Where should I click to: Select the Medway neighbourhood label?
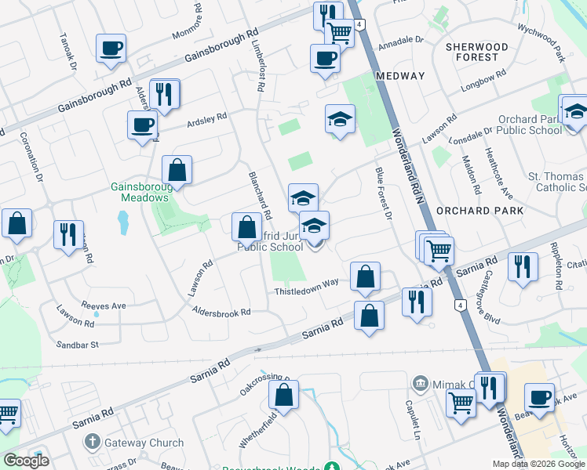coord(399,76)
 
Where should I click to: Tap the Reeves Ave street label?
coord(103,305)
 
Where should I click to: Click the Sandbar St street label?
coord(77,344)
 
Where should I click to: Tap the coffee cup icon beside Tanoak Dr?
coord(111,49)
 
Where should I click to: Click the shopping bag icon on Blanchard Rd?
coord(246,227)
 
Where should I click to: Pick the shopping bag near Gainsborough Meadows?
coord(177,170)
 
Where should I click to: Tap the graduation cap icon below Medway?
coord(339,120)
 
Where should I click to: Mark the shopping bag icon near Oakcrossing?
coord(284,396)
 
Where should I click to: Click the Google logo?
coord(26,461)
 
